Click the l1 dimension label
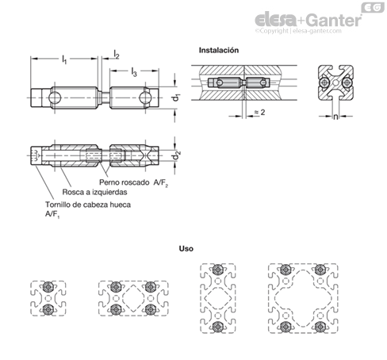(x=64, y=59)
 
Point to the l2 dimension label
(x=117, y=54)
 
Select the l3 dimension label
(x=134, y=71)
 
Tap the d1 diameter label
(x=176, y=98)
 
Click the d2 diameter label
(x=176, y=156)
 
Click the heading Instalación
(x=219, y=50)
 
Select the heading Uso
(x=186, y=249)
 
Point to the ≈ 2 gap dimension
(x=259, y=113)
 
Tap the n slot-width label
(x=335, y=117)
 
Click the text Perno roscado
(x=124, y=182)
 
